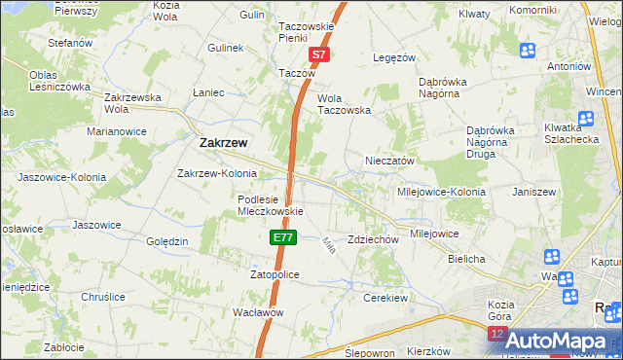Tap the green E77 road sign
click(281, 236)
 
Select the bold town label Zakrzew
click(223, 142)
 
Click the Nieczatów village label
click(390, 161)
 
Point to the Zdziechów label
click(374, 239)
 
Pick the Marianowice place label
click(116, 130)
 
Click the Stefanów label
click(70, 43)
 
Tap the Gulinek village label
click(225, 47)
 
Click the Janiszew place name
click(533, 192)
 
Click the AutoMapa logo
click(554, 342)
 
